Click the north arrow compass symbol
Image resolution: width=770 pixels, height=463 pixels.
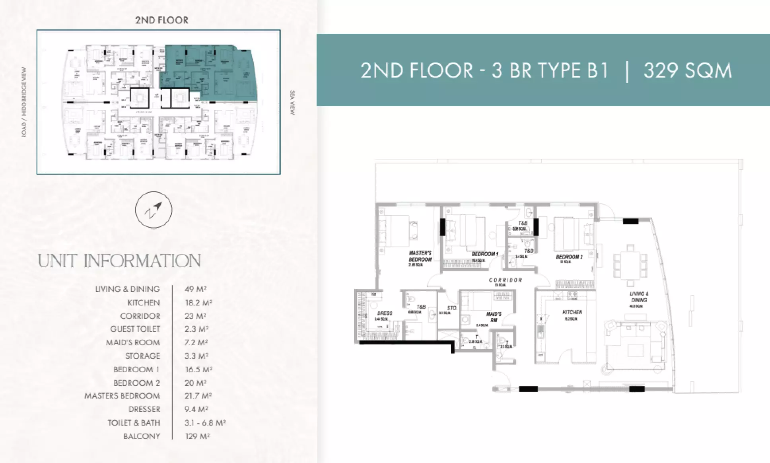click(x=154, y=210)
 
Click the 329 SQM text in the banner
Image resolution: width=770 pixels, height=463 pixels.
click(x=688, y=71)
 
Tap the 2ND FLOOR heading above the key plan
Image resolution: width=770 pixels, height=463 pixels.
click(x=161, y=20)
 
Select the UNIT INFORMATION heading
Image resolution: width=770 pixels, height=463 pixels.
click(x=119, y=261)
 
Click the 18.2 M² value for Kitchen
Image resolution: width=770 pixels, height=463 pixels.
click(x=198, y=303)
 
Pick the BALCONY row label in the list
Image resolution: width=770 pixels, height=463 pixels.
click(x=142, y=436)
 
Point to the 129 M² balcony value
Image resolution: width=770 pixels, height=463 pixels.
click(x=197, y=436)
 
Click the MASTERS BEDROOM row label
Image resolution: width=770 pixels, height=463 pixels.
click(x=122, y=396)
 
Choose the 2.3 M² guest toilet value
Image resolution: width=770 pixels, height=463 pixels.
click(x=196, y=329)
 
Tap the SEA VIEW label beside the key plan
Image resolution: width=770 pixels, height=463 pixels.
click(x=293, y=103)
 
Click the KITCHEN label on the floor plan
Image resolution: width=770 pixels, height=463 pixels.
click(x=572, y=313)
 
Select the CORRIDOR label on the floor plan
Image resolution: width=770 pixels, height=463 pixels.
click(x=505, y=280)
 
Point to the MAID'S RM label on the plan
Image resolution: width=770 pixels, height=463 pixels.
click(x=494, y=317)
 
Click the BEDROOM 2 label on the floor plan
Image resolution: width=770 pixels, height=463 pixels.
click(x=569, y=257)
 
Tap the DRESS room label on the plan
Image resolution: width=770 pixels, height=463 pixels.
click(x=384, y=313)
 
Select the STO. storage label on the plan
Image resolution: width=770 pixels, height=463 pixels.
click(x=452, y=308)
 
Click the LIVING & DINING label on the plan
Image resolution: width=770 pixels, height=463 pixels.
click(x=639, y=297)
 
